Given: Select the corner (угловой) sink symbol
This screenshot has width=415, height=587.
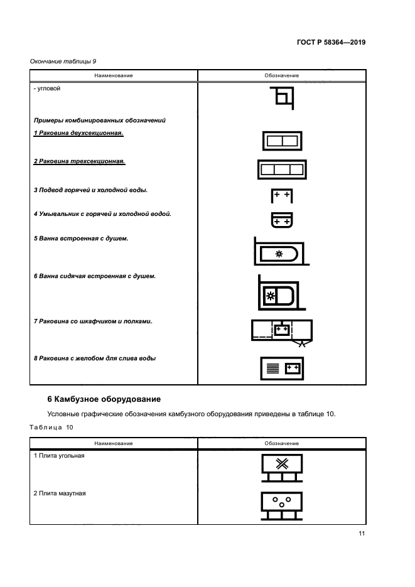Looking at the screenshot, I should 282,99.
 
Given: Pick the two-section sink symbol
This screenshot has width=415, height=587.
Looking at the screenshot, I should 282,141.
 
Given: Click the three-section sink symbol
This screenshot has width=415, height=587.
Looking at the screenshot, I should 282,169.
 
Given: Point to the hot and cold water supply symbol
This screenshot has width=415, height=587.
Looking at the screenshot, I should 282,196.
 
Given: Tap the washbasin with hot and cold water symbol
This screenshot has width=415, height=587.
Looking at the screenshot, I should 282,220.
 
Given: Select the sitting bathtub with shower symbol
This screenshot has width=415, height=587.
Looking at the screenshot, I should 279,294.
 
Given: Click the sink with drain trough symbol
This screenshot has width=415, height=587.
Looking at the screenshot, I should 282,368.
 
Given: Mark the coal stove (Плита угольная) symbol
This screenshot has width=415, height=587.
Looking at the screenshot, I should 282,468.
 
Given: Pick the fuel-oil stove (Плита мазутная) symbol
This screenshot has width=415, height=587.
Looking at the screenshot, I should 282,505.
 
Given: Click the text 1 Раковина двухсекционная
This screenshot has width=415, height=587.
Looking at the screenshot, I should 78,133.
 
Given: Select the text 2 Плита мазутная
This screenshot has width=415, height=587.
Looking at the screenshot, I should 60,493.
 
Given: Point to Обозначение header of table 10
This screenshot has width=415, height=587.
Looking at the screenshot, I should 282,443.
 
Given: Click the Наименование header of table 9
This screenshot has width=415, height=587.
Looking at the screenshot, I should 114,75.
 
